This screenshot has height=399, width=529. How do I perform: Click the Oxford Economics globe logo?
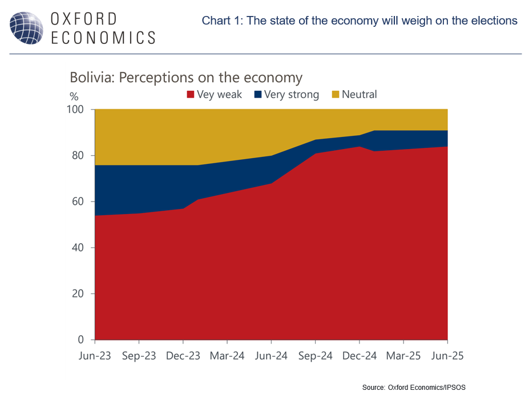(x=26, y=27)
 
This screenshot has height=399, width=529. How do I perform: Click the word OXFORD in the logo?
(x=84, y=18)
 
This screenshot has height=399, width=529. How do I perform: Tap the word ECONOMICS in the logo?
(x=103, y=38)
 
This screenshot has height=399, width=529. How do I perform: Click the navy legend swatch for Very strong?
(x=257, y=95)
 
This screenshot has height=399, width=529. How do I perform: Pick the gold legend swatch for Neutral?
(x=335, y=95)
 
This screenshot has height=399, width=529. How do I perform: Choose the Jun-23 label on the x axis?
(x=95, y=356)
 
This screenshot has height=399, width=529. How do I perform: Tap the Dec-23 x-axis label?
(x=183, y=356)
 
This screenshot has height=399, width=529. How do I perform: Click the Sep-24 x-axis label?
(x=315, y=356)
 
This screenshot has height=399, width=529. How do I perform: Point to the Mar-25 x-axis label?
(x=403, y=356)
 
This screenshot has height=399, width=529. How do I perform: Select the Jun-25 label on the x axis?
(x=447, y=356)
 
